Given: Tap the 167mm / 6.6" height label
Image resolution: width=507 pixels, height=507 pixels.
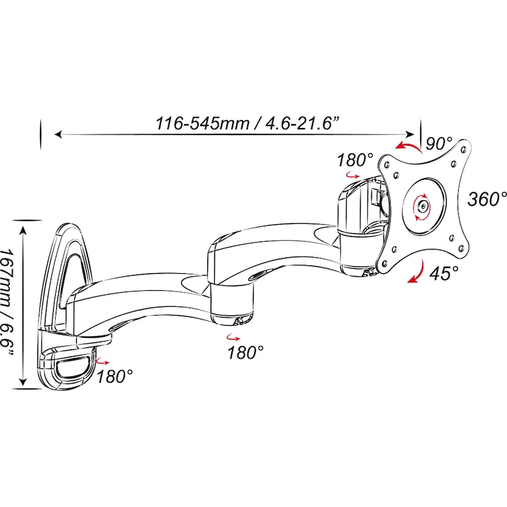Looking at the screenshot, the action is point(7,303).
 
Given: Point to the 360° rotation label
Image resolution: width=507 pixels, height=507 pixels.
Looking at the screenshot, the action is point(487,198).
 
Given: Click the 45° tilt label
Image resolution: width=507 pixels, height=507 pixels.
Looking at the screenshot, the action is point(444,274).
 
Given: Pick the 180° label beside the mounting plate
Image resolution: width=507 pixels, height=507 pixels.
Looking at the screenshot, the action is point(355,160).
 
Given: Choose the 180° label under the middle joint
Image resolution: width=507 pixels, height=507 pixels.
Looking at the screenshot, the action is point(246,352).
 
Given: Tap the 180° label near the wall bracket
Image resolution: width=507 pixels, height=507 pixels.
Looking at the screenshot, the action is point(115,376).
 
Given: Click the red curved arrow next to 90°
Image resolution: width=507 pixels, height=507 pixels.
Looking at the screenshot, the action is point(408,146).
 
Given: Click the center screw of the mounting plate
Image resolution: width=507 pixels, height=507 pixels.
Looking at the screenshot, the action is point(423,205).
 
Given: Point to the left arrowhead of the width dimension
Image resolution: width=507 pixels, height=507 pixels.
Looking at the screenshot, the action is point(58,134).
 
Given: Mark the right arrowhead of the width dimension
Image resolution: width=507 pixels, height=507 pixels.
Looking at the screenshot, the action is point(411,134).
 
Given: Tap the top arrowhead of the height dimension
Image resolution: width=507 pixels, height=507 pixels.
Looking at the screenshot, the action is point(23,229).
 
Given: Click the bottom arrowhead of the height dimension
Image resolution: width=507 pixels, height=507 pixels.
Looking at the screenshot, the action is point(23,382).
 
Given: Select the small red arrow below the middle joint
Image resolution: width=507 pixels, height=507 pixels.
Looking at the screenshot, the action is point(233,338).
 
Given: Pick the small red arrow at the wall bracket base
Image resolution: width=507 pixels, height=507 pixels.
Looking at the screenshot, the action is point(103,361).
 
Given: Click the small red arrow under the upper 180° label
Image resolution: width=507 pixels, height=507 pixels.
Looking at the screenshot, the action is point(352,176).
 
